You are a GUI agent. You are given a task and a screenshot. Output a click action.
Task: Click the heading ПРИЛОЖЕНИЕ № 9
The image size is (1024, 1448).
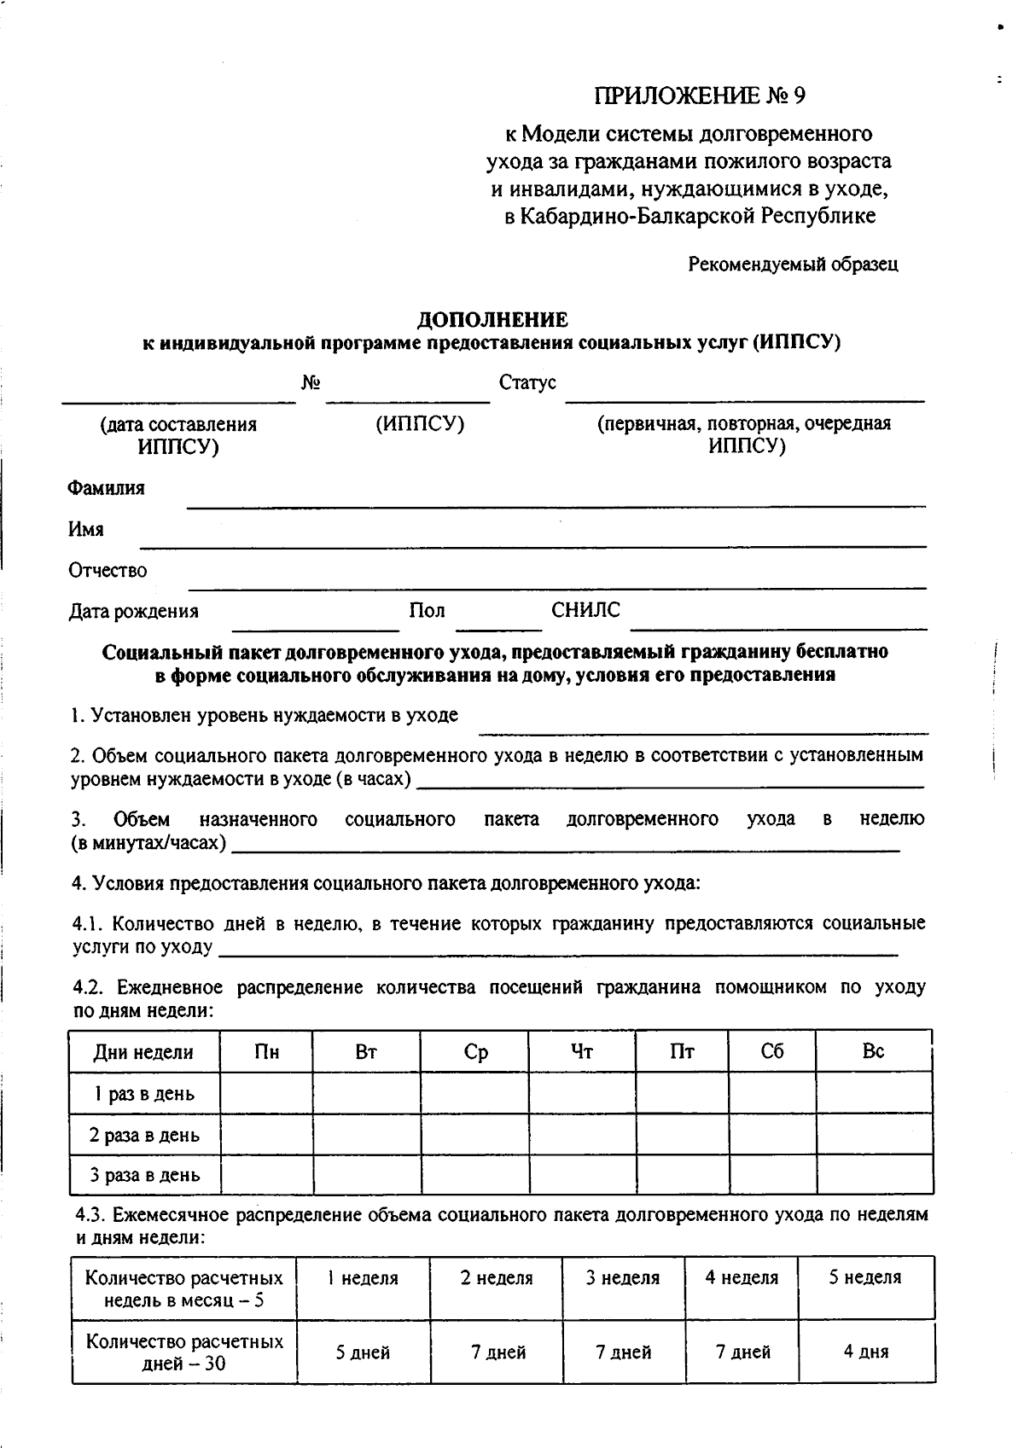click(x=699, y=96)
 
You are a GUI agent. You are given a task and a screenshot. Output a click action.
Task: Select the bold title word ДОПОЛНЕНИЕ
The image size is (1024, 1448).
click(x=492, y=320)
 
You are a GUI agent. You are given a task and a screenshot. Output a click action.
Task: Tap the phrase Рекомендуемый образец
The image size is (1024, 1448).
click(x=793, y=265)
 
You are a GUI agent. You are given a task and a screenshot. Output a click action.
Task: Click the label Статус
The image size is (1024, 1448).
click(x=527, y=383)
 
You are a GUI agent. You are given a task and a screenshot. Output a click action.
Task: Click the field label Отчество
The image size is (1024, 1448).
click(x=108, y=570)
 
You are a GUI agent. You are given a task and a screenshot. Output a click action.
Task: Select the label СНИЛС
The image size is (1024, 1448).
click(x=585, y=610)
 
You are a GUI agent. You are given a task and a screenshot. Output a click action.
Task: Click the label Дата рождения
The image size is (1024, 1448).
click(x=133, y=611)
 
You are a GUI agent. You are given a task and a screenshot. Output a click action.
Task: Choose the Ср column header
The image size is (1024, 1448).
click(x=475, y=1052)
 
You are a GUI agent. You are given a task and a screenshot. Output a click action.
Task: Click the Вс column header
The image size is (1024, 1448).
click(x=873, y=1051)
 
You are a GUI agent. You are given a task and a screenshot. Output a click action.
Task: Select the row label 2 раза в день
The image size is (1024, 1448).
click(x=144, y=1135)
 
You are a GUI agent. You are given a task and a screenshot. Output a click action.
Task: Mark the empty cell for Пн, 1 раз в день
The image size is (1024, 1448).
click(x=266, y=1093)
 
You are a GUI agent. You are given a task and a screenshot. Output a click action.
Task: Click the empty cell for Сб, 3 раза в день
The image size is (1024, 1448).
click(x=772, y=1175)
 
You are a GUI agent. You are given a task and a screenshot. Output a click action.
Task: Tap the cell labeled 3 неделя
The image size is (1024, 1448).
click(x=623, y=1278)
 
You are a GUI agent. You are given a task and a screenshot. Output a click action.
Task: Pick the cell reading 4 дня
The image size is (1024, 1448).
click(x=865, y=1352)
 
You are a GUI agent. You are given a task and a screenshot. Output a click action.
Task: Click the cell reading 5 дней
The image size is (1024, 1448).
click(x=363, y=1352)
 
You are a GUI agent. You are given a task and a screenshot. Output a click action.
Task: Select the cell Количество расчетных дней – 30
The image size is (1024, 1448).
click(x=184, y=1352)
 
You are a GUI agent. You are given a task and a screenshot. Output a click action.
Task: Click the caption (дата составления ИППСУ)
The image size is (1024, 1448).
click(x=177, y=435)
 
